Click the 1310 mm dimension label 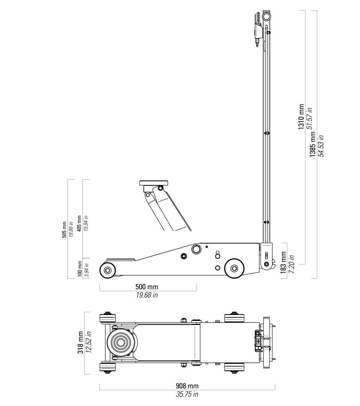coord(301,117)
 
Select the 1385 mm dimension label coord(313,144)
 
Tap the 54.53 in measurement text coord(321,146)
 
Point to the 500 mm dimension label coord(147,287)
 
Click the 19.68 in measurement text coord(147,295)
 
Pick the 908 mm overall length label coord(187,386)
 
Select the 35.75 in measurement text coord(187,394)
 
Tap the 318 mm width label coord(81,343)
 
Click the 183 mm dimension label coord(283,262)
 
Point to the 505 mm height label coord(64,230)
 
